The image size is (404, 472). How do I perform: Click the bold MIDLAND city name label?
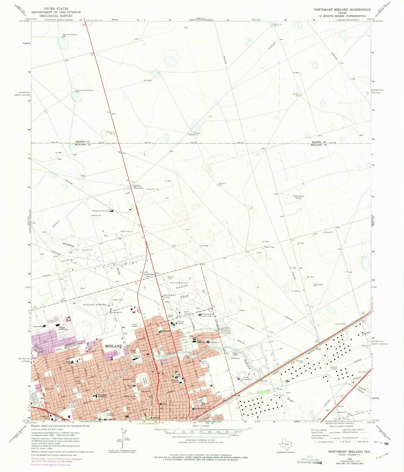[114, 346]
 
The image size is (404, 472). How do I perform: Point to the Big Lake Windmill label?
[70, 34]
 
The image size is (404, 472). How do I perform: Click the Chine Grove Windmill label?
[84, 90]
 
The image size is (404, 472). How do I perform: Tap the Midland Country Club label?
[101, 211]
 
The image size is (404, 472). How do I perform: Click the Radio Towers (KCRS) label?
[298, 197]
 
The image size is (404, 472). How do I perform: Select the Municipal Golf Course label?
[179, 283]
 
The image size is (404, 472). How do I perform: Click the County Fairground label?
[246, 378]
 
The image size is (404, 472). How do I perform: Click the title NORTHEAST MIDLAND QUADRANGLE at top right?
[342, 10]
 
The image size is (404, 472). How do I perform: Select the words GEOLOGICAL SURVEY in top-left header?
[56, 16]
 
